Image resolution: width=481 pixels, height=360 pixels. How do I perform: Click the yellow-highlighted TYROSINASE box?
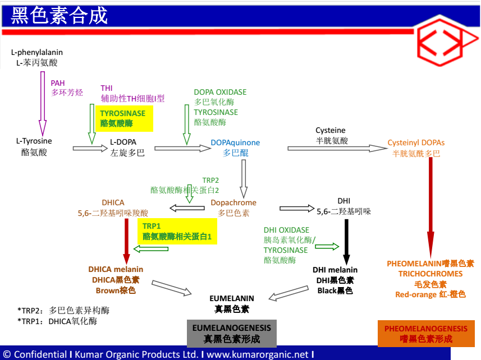tap(123, 118)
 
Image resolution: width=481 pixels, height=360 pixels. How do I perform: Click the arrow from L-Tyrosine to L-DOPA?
tap(90, 148)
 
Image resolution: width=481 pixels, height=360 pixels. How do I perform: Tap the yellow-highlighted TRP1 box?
tap(177, 232)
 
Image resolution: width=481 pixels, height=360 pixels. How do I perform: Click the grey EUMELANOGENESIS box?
tap(232, 333)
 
